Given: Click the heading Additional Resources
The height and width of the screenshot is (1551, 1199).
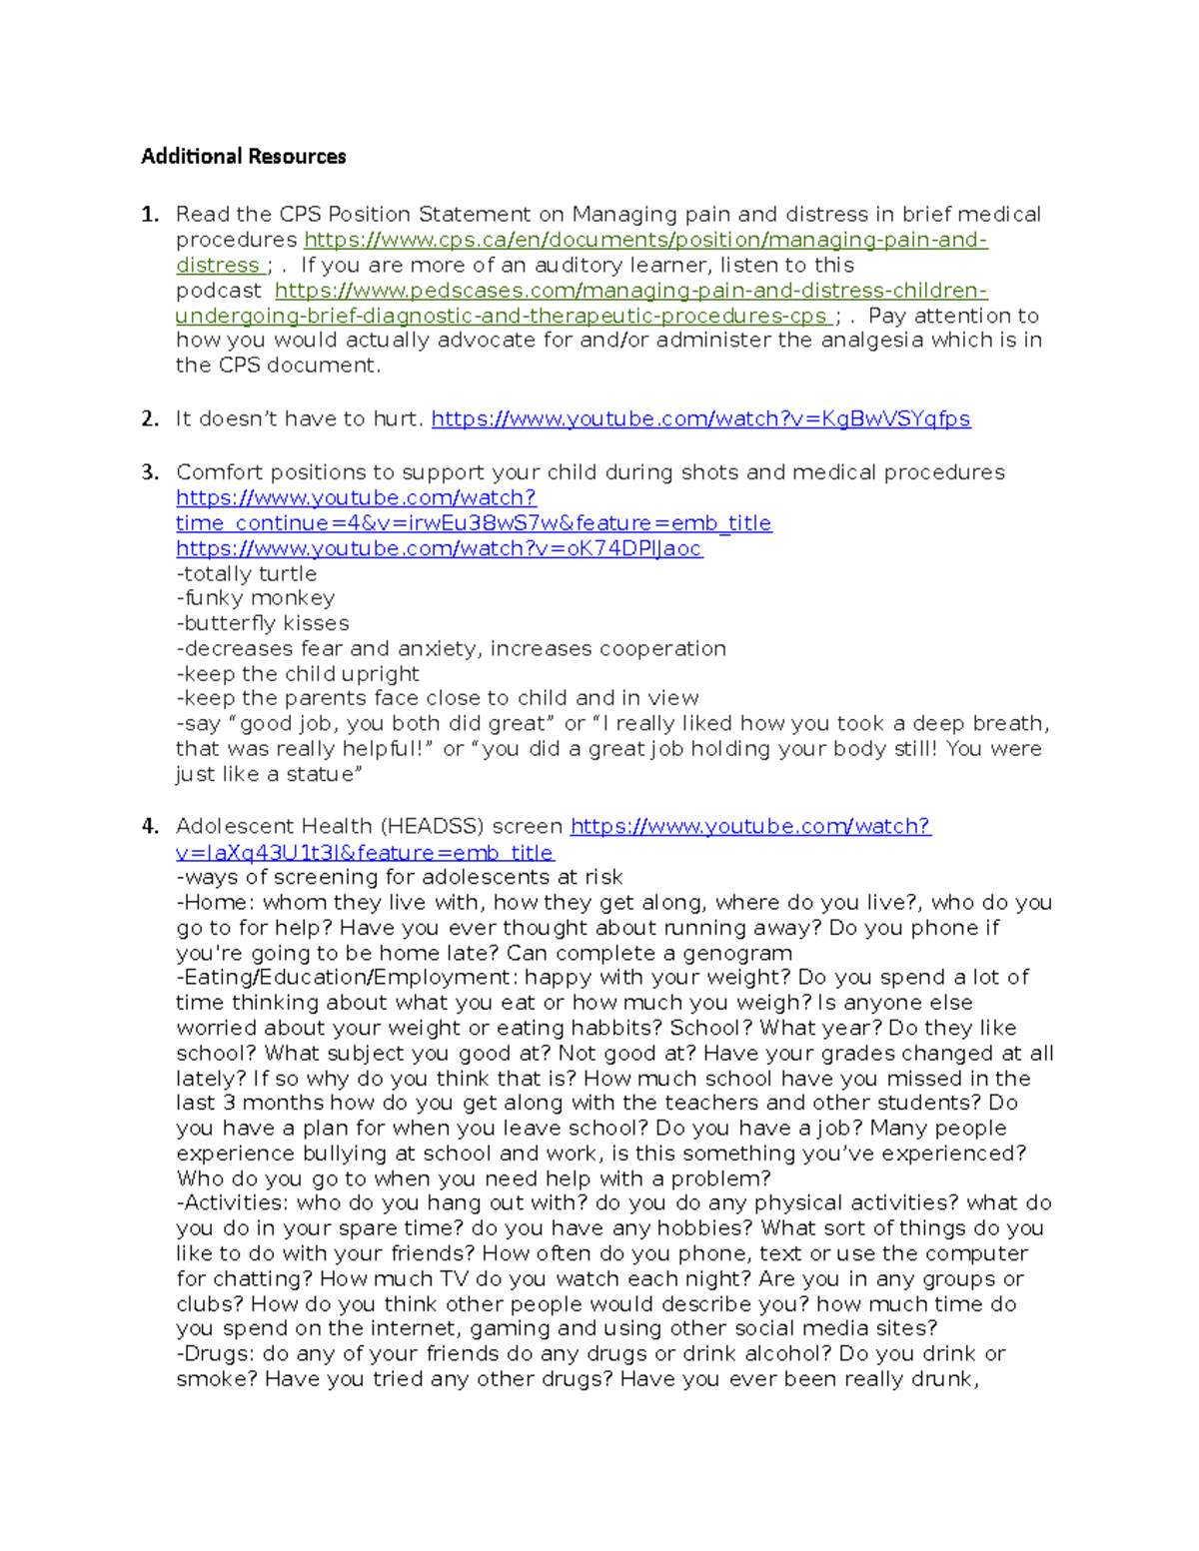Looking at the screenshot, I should (243, 156).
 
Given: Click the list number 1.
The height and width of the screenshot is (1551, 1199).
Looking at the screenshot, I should (150, 215).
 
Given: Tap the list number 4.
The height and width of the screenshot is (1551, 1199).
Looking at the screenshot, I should (150, 826).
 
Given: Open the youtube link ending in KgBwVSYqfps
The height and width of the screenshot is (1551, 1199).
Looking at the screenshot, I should (700, 419).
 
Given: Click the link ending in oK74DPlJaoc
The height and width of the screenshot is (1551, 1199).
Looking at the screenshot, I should (439, 548).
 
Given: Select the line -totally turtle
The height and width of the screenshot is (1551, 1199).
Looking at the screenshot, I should (246, 574).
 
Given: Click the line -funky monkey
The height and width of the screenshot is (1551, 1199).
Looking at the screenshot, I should (255, 598).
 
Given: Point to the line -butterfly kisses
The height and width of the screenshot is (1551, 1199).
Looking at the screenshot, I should (262, 623).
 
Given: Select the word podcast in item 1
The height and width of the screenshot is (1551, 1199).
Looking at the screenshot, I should (218, 291).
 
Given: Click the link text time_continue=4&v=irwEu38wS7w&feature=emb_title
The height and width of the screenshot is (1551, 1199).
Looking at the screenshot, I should (473, 523).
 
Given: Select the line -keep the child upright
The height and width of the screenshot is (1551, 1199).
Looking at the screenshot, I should (297, 674).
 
